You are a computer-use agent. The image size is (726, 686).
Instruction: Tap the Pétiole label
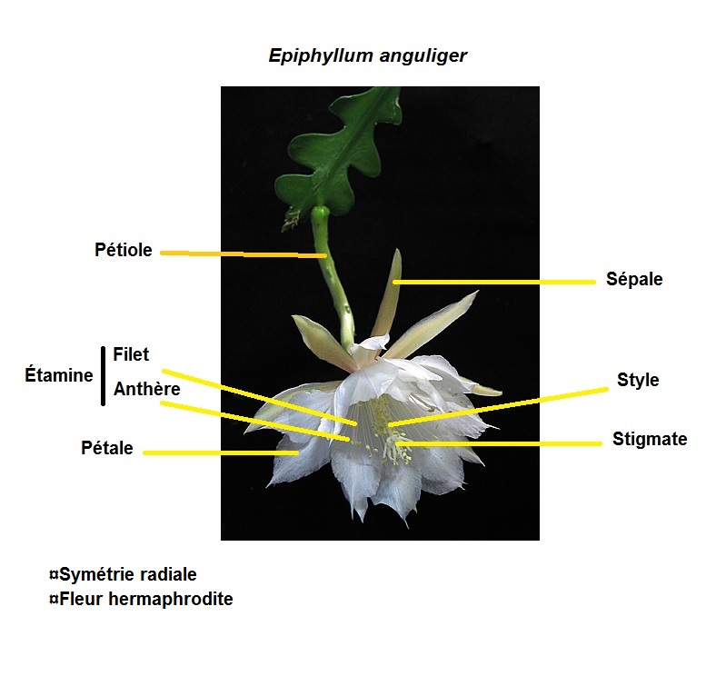(123, 250)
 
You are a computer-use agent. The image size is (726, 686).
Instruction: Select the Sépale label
(634, 279)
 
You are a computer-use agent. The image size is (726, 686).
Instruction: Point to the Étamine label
(59, 374)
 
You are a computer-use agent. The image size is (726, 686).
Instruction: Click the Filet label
(131, 354)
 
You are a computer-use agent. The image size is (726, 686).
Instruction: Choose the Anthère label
(146, 389)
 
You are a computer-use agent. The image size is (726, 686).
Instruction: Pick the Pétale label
(107, 448)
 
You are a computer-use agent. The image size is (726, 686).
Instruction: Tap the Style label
(638, 380)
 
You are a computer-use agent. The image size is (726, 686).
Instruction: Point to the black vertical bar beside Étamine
(103, 374)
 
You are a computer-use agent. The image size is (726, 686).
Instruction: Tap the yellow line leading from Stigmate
(500, 443)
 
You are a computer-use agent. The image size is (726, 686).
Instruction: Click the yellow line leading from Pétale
(218, 452)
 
